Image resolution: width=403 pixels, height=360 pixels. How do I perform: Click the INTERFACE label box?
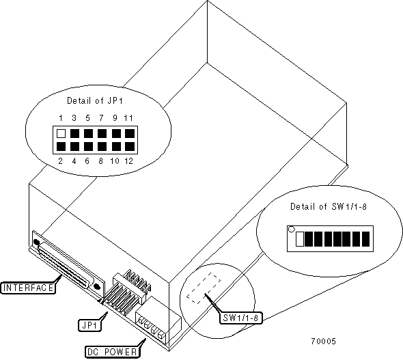pyautogui.click(x=28, y=288)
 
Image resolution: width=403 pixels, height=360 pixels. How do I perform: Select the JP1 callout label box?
pyautogui.click(x=89, y=326)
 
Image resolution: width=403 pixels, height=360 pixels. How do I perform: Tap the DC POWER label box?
pyautogui.click(x=112, y=352)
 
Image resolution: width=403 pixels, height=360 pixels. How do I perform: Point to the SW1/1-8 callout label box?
pyautogui.click(x=240, y=318)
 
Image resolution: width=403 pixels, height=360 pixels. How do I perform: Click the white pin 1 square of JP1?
pyautogui.click(x=61, y=133)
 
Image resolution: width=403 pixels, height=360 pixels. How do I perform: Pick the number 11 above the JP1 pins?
pyautogui.click(x=128, y=118)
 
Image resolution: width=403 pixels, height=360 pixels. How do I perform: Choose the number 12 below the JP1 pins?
pyautogui.click(x=129, y=161)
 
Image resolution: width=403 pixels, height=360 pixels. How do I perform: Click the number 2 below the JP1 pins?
pyautogui.click(x=60, y=161)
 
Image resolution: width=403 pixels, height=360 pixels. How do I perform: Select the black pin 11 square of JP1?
pyautogui.click(x=130, y=133)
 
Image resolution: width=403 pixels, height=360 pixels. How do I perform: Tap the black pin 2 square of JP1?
pyautogui.click(x=61, y=146)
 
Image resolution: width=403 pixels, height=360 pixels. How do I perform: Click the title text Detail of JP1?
pyautogui.click(x=95, y=100)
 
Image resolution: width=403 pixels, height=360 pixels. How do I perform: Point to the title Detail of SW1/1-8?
pyautogui.click(x=329, y=206)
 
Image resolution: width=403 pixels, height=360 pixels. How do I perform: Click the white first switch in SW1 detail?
pyautogui.click(x=300, y=239)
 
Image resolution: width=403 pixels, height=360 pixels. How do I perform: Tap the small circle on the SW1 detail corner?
pyautogui.click(x=291, y=229)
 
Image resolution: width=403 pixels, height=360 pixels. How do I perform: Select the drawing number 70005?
pyautogui.click(x=323, y=342)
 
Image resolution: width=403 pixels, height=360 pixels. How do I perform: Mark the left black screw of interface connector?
pyautogui.click(x=36, y=242)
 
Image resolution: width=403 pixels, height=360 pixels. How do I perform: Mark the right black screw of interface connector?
pyautogui.click(x=97, y=286)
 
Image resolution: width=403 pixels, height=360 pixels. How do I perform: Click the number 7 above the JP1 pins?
pyautogui.click(x=101, y=118)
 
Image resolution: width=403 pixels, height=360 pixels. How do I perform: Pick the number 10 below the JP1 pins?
pyautogui.click(x=115, y=161)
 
